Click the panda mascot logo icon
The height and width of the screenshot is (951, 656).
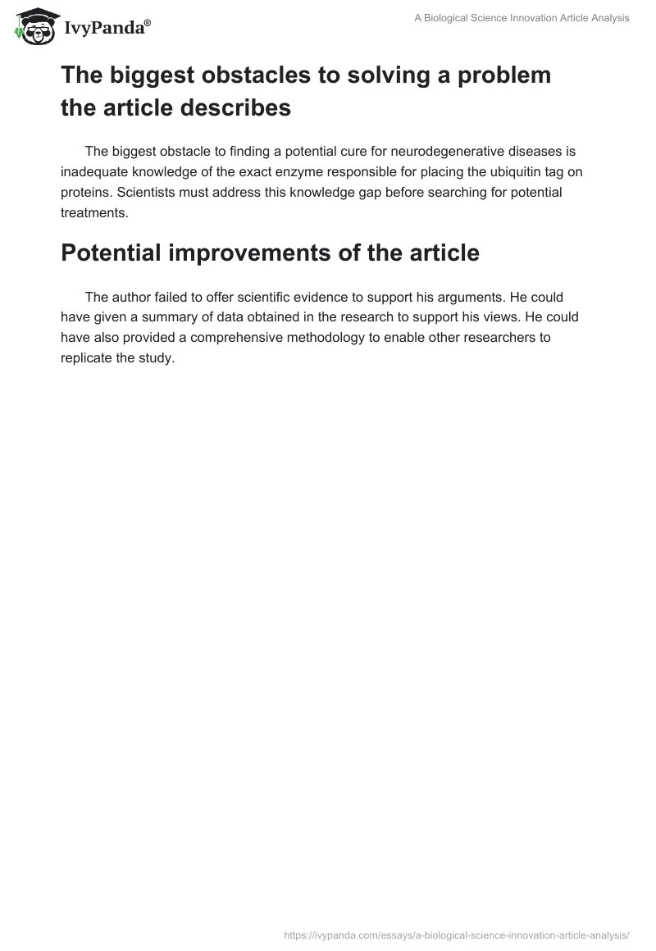point(33,26)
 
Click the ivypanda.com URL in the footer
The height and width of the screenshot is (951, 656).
point(456,934)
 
